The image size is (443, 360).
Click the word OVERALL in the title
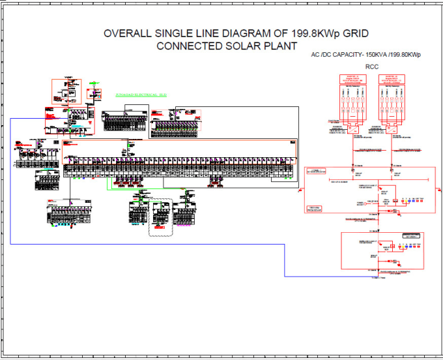[128, 34]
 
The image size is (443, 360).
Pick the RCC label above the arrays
[372, 67]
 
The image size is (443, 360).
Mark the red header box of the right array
[392, 79]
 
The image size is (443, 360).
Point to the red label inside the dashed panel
[159, 205]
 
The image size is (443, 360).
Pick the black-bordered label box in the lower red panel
[411, 235]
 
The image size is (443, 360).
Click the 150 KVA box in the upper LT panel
[316, 207]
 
